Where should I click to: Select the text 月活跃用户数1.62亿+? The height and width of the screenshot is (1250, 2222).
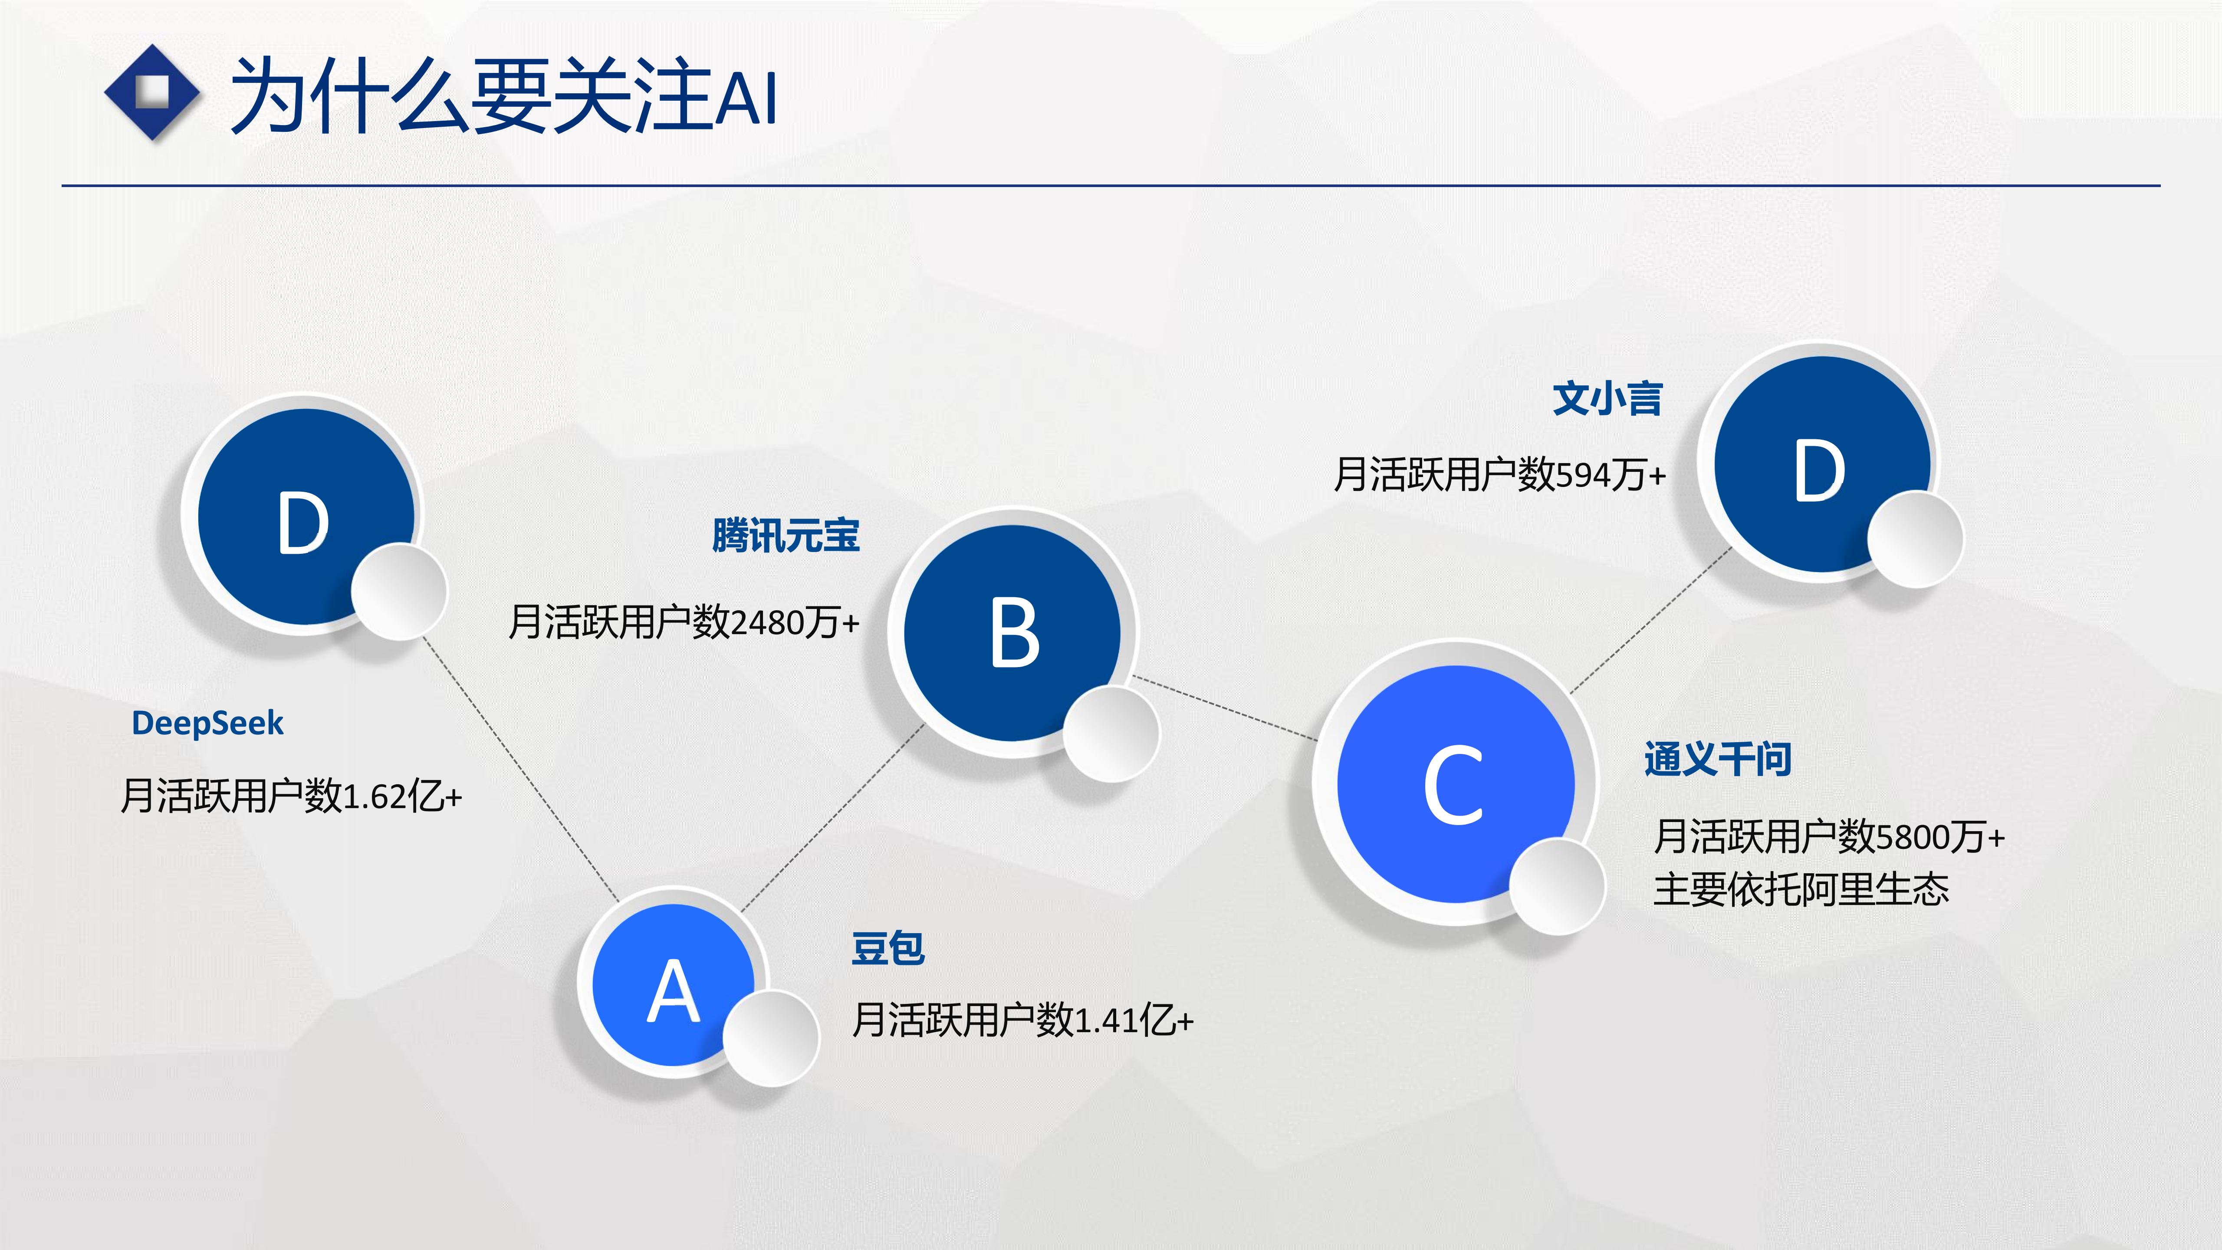pyautogui.click(x=292, y=796)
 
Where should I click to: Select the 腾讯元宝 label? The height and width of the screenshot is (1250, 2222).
pyautogui.click(x=786, y=535)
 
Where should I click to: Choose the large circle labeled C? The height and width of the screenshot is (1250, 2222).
pyautogui.click(x=1456, y=783)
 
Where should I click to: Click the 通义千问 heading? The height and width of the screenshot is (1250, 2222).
pyautogui.click(x=1717, y=759)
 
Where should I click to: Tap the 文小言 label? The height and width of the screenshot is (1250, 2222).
pyautogui.click(x=1607, y=398)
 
